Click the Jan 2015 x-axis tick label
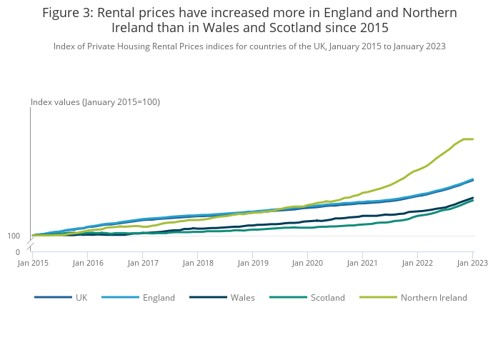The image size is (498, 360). (33, 263)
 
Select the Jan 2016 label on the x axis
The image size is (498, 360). (88, 263)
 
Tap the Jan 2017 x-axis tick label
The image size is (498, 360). (143, 263)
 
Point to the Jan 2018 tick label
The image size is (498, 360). (198, 263)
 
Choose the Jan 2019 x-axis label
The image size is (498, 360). (253, 263)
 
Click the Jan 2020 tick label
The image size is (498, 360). (307, 263)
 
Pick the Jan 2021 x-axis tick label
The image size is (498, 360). (362, 263)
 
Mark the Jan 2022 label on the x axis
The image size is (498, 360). (417, 263)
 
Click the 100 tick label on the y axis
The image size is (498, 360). (14, 236)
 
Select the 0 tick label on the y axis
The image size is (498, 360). (18, 252)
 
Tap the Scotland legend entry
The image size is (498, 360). (327, 298)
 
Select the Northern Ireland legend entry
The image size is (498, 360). (433, 298)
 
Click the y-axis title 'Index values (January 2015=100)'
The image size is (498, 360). (95, 102)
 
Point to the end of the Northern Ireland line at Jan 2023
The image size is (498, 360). (472, 139)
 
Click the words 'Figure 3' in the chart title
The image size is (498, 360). (68, 13)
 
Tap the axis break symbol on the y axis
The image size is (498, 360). (30, 245)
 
